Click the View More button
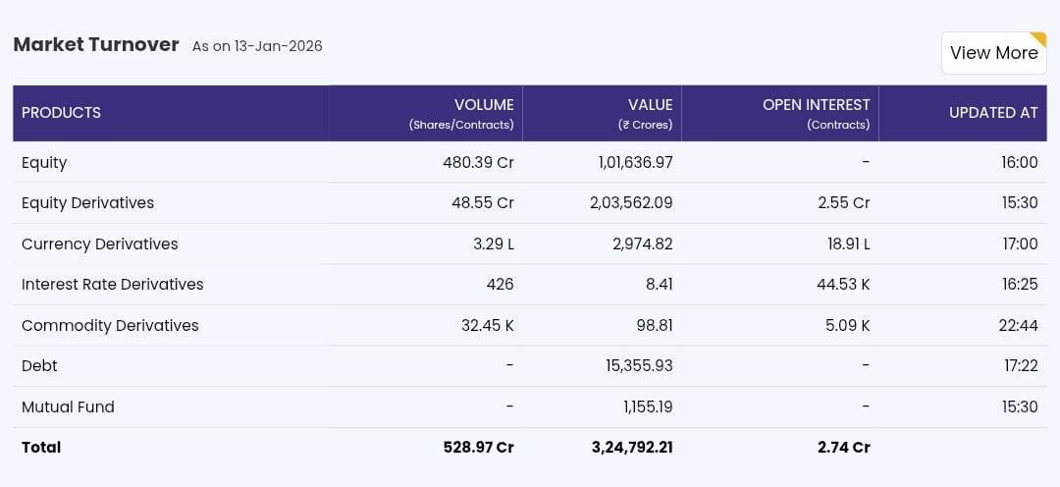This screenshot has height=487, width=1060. (993, 53)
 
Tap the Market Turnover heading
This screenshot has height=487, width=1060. (96, 44)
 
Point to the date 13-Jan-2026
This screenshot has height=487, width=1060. (278, 46)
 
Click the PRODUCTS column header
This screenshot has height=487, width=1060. (61, 113)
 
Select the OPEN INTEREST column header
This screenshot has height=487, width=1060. (816, 105)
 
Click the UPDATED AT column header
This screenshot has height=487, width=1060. (992, 113)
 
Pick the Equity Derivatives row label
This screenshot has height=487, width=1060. (87, 203)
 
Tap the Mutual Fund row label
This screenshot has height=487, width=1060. (68, 406)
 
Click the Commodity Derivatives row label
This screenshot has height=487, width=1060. (110, 325)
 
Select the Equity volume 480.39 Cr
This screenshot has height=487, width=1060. (478, 162)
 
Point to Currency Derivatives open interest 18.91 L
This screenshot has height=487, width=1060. (848, 243)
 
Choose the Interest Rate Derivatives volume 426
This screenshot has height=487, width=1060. (500, 285)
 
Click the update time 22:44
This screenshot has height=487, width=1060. (1018, 325)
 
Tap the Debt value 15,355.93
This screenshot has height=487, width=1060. (639, 365)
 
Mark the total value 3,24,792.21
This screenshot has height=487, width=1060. (632, 447)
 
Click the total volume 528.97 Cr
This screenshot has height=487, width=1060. (478, 447)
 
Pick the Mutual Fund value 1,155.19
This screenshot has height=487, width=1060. (648, 406)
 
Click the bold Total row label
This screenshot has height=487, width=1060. (41, 447)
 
